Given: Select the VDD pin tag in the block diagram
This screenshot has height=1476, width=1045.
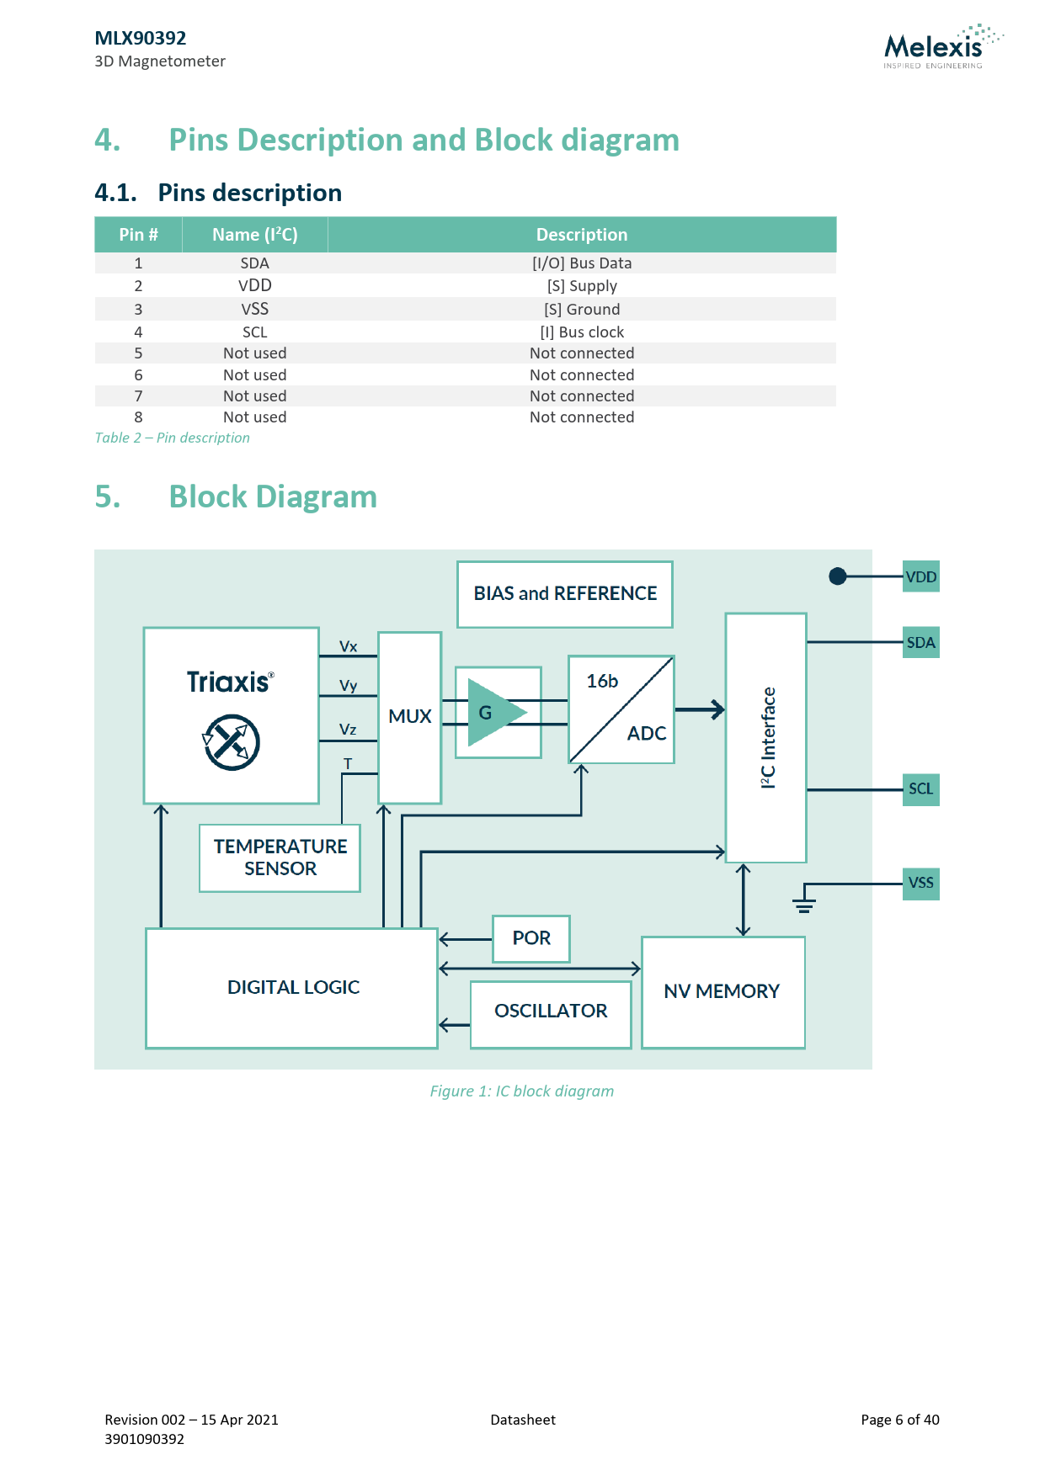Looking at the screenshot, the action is click(x=920, y=576).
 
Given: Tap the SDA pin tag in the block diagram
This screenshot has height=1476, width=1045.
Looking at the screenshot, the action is click(x=920, y=642).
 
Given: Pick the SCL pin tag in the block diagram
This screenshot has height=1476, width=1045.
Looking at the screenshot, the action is click(x=920, y=789).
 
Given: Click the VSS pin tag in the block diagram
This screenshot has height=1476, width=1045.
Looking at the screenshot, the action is click(x=920, y=884).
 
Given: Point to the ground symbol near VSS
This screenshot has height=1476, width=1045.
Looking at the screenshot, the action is click(x=804, y=905).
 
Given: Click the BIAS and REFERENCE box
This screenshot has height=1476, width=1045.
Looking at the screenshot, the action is click(x=565, y=594).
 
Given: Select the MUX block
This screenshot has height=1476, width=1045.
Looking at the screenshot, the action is click(x=410, y=718).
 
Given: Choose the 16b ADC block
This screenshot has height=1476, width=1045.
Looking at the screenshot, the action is click(x=621, y=709).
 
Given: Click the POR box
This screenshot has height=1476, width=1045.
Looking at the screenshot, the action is click(x=531, y=938).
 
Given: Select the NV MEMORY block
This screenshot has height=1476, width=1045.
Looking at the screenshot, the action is click(x=723, y=992).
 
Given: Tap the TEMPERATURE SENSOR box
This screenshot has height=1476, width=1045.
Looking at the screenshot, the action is click(x=280, y=857).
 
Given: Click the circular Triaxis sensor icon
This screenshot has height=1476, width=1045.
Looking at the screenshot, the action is click(x=231, y=742).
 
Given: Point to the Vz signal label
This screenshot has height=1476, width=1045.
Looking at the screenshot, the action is click(x=348, y=729).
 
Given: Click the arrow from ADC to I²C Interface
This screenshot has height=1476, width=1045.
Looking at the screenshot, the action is click(x=700, y=709).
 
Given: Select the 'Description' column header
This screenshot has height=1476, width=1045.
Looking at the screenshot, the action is click(x=582, y=235).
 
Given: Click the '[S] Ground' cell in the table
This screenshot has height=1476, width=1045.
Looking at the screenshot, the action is click(x=582, y=309).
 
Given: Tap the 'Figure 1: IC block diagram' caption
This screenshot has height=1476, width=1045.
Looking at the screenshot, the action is click(x=522, y=1091).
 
